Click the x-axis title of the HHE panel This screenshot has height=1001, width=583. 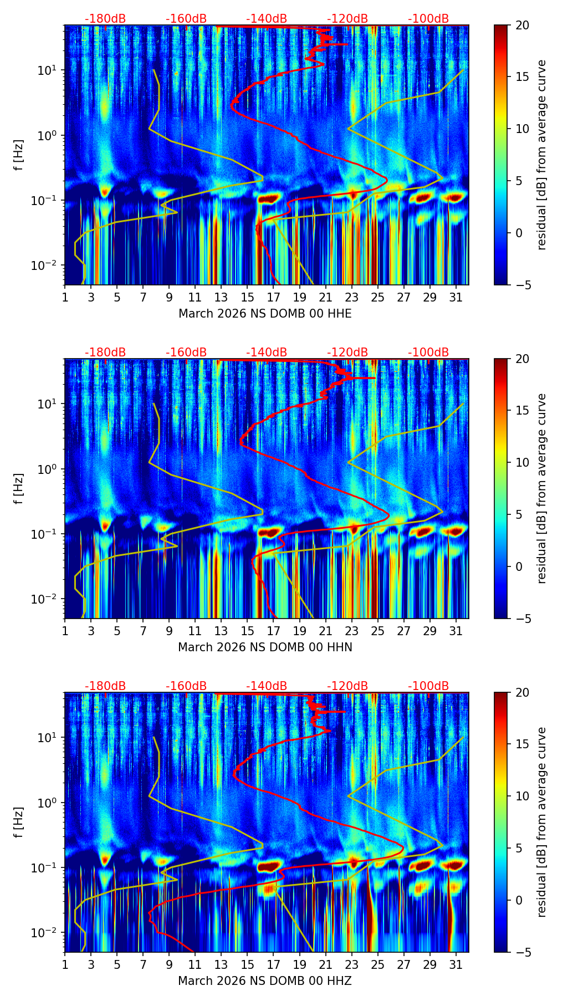[x=265, y=314]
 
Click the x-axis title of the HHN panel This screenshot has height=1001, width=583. [x=265, y=647]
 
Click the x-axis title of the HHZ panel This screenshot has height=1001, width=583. [x=265, y=981]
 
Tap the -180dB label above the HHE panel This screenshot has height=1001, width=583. [x=105, y=19]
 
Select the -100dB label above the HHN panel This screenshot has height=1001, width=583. [x=428, y=353]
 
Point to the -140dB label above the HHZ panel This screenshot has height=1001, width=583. [x=267, y=686]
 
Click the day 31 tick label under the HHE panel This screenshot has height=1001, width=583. [x=456, y=298]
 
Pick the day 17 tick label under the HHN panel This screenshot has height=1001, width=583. [x=274, y=632]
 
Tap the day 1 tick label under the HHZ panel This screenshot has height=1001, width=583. [x=65, y=966]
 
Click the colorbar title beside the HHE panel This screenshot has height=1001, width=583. [x=542, y=155]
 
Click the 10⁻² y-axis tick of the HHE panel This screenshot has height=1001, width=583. [x=48, y=265]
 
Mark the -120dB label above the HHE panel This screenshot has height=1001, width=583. [x=347, y=19]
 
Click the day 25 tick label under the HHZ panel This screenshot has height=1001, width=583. [x=378, y=966]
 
